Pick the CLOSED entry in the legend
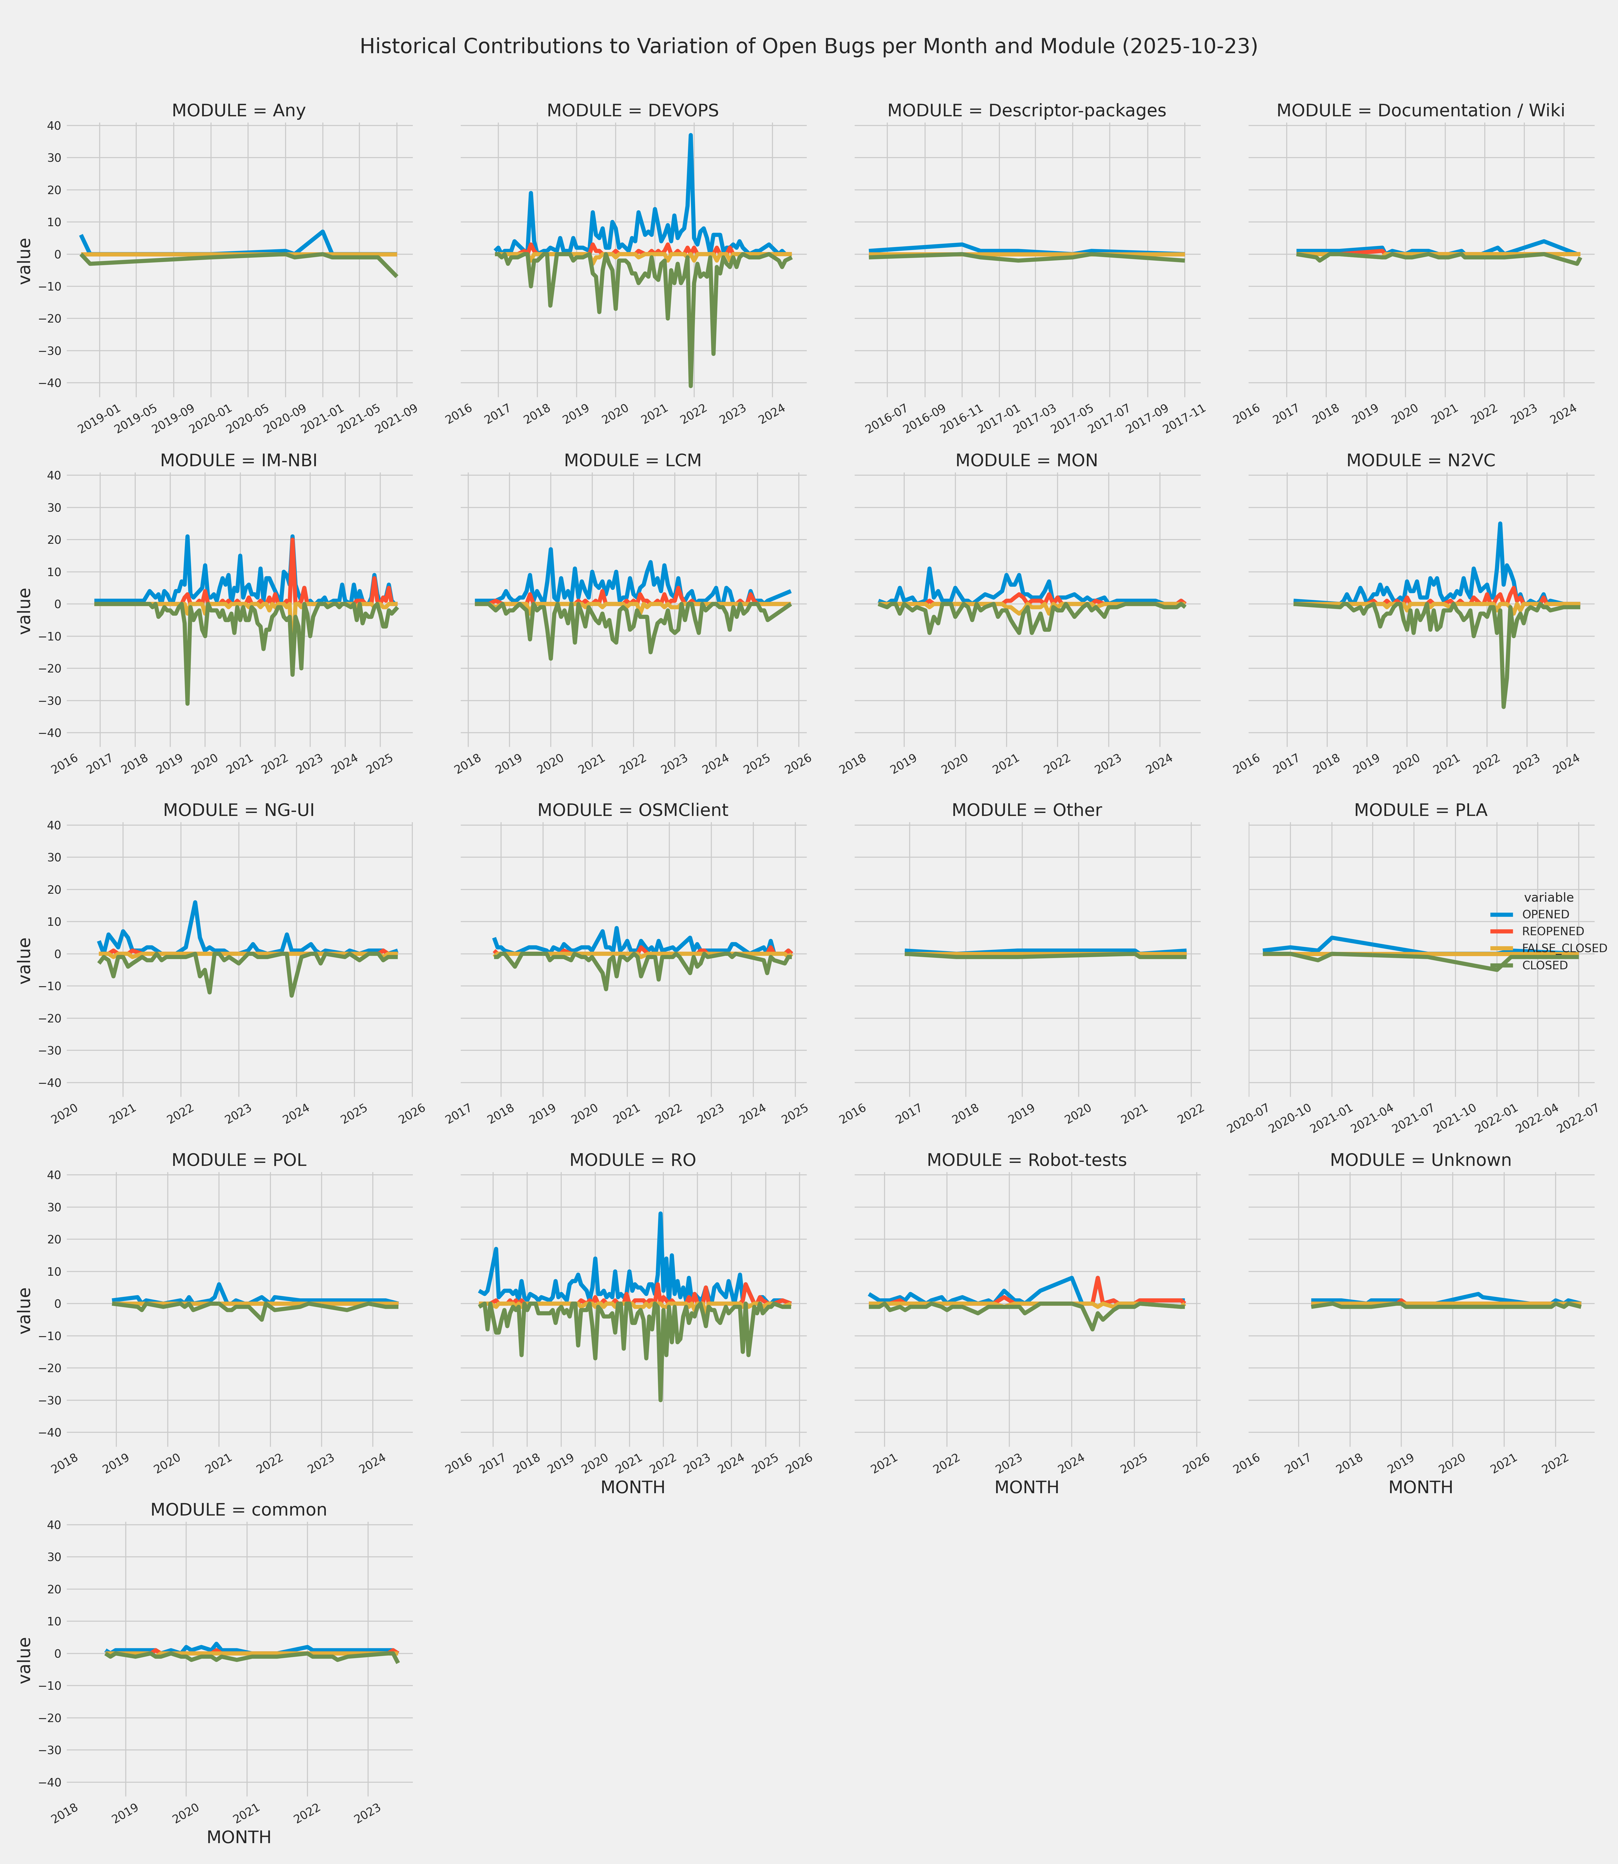click(1544, 966)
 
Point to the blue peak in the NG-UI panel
click(195, 903)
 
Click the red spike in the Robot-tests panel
click(1098, 1278)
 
